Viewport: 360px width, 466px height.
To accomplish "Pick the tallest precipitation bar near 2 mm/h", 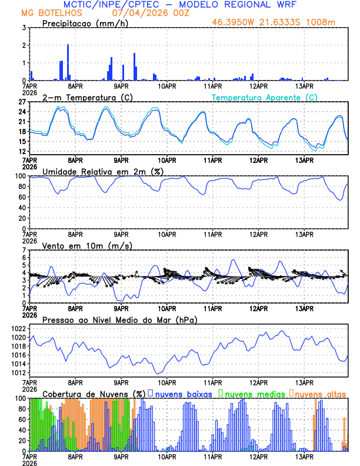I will [68, 62].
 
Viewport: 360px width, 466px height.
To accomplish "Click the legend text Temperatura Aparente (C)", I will [265, 97].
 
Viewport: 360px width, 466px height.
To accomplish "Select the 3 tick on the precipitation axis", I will [24, 28].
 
